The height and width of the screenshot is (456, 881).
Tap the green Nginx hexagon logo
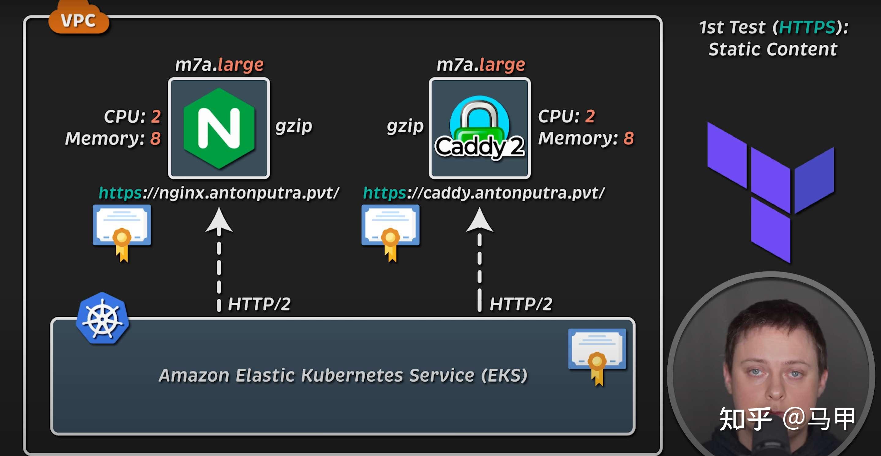click(219, 128)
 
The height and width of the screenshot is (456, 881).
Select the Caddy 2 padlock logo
click(479, 128)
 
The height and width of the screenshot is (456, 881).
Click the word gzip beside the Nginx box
click(294, 126)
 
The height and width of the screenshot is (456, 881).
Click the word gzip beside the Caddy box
click(405, 126)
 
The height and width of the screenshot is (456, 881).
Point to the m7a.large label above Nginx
click(219, 64)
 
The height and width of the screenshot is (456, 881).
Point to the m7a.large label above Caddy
click(481, 64)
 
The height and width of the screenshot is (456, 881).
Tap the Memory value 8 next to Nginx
click(155, 138)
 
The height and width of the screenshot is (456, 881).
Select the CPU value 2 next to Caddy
click(590, 116)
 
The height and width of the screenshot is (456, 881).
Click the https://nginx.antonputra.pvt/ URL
click(219, 193)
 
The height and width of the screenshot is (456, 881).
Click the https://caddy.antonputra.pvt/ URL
click(484, 193)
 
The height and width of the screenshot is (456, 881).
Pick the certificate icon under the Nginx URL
click(122, 231)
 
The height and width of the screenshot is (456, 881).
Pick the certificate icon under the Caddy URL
click(391, 231)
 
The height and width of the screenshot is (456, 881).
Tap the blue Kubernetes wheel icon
click(102, 319)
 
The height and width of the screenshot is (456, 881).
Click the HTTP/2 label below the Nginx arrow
click(259, 304)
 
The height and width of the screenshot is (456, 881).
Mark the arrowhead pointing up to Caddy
click(479, 220)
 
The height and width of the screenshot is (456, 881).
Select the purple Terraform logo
click(770, 191)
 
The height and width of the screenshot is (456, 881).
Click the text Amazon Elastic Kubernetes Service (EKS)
click(343, 375)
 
